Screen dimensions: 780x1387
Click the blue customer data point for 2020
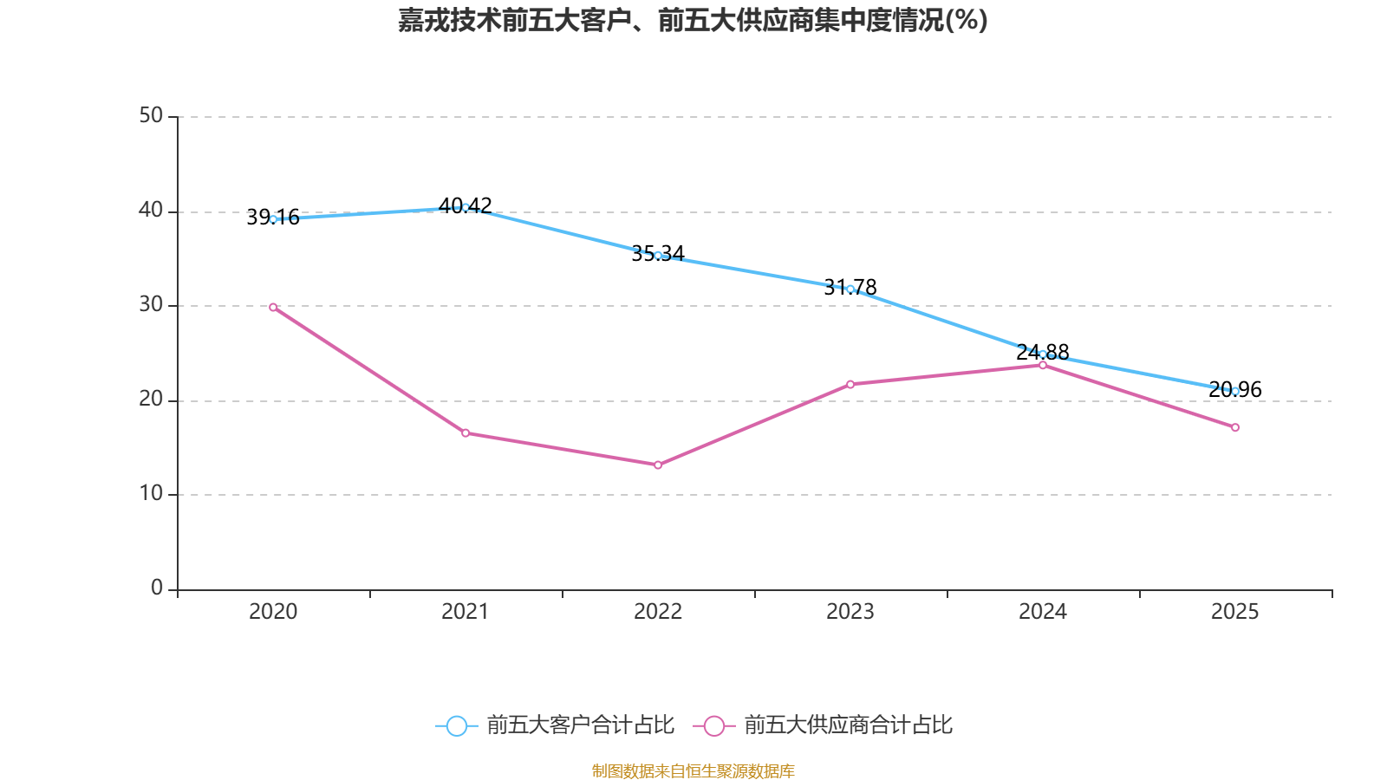pos(273,219)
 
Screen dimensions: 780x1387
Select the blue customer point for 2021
pos(466,207)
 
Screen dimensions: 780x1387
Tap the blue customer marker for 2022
pos(658,256)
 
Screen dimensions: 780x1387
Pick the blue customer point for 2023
pos(850,289)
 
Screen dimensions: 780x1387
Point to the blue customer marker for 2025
pos(1235,391)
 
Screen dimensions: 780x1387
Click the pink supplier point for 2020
pos(273,307)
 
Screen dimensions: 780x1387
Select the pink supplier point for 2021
pos(466,432)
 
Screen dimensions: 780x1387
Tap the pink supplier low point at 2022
pos(658,465)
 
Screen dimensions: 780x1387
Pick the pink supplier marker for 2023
pos(850,384)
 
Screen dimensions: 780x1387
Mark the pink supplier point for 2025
pos(1235,427)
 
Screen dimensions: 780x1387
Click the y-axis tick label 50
pos(151,115)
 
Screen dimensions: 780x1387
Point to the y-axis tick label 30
pos(151,304)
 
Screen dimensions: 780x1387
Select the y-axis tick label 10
pos(151,493)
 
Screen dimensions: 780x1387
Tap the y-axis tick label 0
pos(157,588)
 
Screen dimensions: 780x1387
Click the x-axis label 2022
pos(658,612)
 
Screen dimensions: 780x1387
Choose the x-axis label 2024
pos(1042,612)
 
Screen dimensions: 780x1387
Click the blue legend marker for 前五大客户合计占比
pos(456,725)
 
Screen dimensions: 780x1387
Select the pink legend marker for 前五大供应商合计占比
pos(713,725)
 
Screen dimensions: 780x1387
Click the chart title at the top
pos(693,21)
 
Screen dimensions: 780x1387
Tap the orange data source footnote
pos(693,770)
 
